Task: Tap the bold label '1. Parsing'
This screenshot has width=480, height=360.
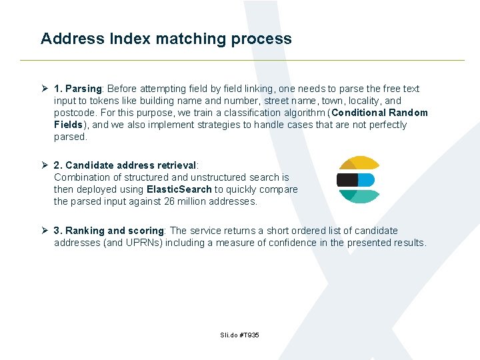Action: point(77,89)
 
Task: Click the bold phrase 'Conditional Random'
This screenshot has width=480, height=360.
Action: point(379,113)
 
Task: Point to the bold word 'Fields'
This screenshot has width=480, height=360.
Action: point(69,125)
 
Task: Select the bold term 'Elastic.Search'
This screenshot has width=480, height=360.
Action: point(179,189)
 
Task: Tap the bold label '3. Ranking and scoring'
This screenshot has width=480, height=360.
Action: point(109,231)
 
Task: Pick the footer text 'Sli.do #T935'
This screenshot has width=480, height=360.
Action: point(239,335)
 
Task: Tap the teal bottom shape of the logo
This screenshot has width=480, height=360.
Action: point(360,196)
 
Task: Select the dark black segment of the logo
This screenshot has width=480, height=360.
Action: point(347,180)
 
